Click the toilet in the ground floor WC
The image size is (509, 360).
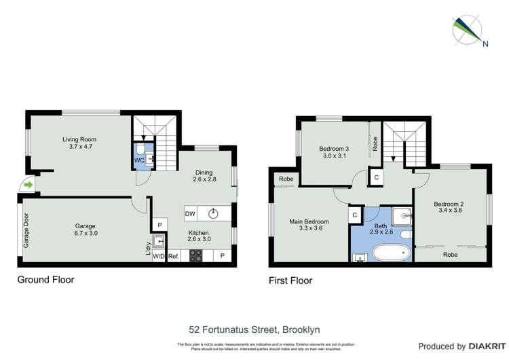point(140,149)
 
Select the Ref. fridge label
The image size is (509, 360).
point(174,256)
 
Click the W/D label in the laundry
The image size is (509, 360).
point(159,256)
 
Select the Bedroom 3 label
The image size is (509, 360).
point(334,153)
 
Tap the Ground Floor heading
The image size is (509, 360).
point(46,279)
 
